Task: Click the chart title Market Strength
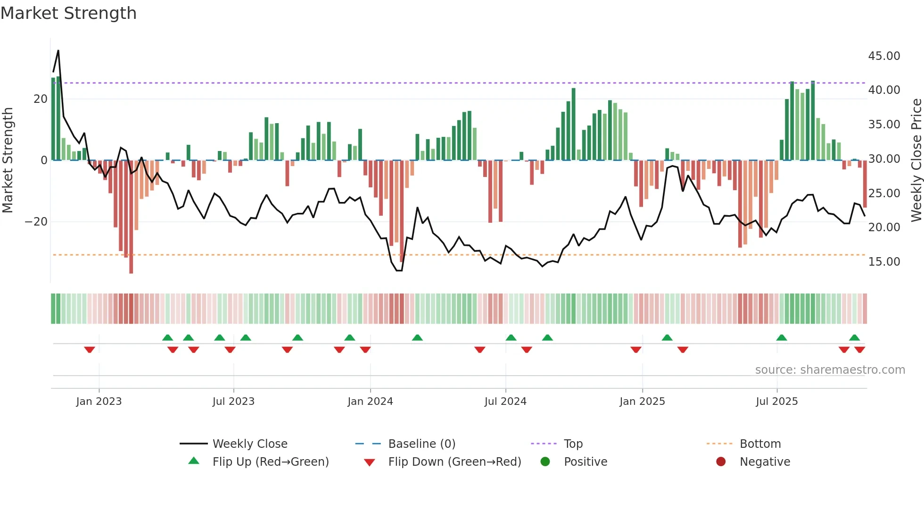click(68, 13)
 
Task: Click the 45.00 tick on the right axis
click(884, 56)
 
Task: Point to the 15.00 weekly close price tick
click(884, 261)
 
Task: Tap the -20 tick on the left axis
click(36, 222)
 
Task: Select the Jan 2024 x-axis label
click(370, 402)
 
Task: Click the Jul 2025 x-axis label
click(776, 402)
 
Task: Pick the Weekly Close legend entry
click(250, 444)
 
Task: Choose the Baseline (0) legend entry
click(421, 444)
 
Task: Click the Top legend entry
click(573, 444)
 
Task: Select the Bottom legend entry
click(760, 444)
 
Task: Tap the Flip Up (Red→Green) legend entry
click(270, 461)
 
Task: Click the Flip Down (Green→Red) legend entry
click(454, 461)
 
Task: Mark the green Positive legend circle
click(545, 461)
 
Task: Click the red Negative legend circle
click(721, 461)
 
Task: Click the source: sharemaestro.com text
click(830, 370)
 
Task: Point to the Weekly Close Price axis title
click(916, 160)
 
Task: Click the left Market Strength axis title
click(8, 160)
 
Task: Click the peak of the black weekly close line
click(58, 50)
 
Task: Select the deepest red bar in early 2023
click(131, 217)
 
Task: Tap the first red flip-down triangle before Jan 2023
click(90, 350)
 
